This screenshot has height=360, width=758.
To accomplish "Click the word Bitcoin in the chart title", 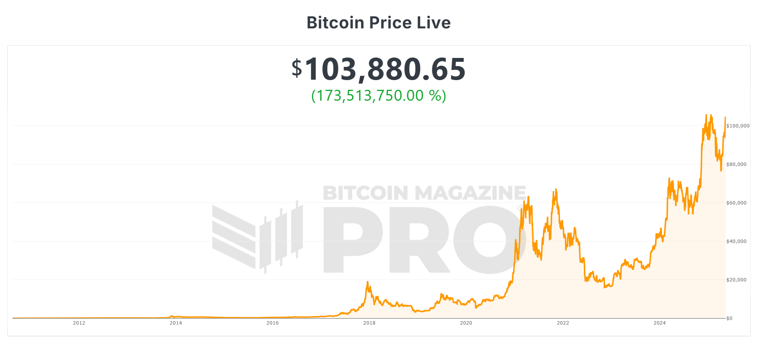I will [335, 23].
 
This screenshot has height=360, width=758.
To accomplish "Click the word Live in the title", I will [433, 23].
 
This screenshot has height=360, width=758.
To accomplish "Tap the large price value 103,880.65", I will [385, 69].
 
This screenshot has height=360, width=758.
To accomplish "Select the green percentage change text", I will [379, 96].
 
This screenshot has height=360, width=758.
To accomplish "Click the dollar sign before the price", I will [297, 68].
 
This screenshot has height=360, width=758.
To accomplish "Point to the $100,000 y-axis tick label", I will [738, 126].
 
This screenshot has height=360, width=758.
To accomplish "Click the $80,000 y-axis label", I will [736, 164].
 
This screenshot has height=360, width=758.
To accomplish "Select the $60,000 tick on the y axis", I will [736, 203].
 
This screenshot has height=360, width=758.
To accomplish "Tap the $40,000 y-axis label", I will [736, 241].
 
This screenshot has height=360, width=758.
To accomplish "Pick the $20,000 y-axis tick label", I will [736, 280].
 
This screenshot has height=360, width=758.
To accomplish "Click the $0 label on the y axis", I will [729, 318].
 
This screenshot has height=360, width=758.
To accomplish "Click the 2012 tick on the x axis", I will [79, 323].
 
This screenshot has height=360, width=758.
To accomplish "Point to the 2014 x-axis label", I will [176, 323].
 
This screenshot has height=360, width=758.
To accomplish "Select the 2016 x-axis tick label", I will [272, 323].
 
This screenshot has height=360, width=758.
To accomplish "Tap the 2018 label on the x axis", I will [369, 323].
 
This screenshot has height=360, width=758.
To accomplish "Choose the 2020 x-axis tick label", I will [466, 323].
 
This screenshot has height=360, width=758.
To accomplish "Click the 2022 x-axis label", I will [563, 323].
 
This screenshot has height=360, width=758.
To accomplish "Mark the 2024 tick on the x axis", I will [660, 323].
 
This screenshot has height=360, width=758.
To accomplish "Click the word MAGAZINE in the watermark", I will [470, 193].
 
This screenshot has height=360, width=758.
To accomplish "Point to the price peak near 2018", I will [367, 282].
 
